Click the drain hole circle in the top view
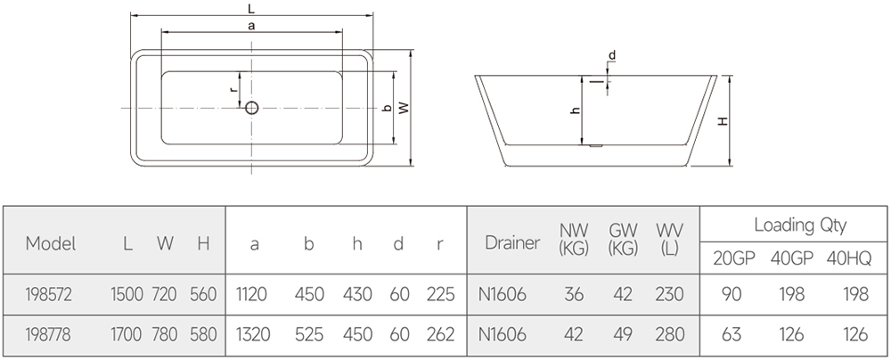251,108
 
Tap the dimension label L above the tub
252,7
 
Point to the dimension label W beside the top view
404,108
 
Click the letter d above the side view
611,56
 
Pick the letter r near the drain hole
233,88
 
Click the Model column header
51,243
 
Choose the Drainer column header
512,242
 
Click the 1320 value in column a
257,335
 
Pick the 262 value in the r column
439,335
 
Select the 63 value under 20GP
732,335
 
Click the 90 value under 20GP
732,295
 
